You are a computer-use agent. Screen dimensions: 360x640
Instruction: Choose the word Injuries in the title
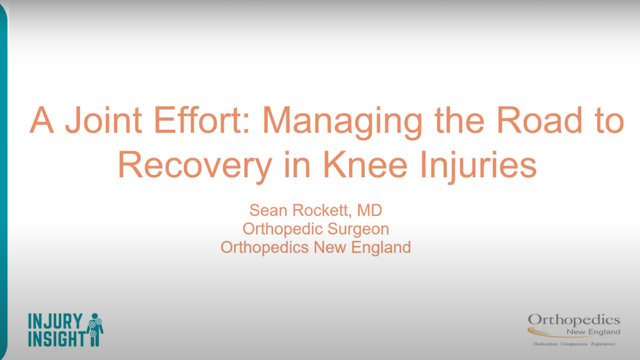[476, 166]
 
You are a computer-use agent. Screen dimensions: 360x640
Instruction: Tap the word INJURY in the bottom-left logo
[56, 321]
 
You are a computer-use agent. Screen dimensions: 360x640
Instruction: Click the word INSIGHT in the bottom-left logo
[57, 338]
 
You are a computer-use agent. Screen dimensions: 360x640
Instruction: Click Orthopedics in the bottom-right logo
[574, 319]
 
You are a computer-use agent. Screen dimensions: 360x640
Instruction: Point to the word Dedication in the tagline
[546, 344]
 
